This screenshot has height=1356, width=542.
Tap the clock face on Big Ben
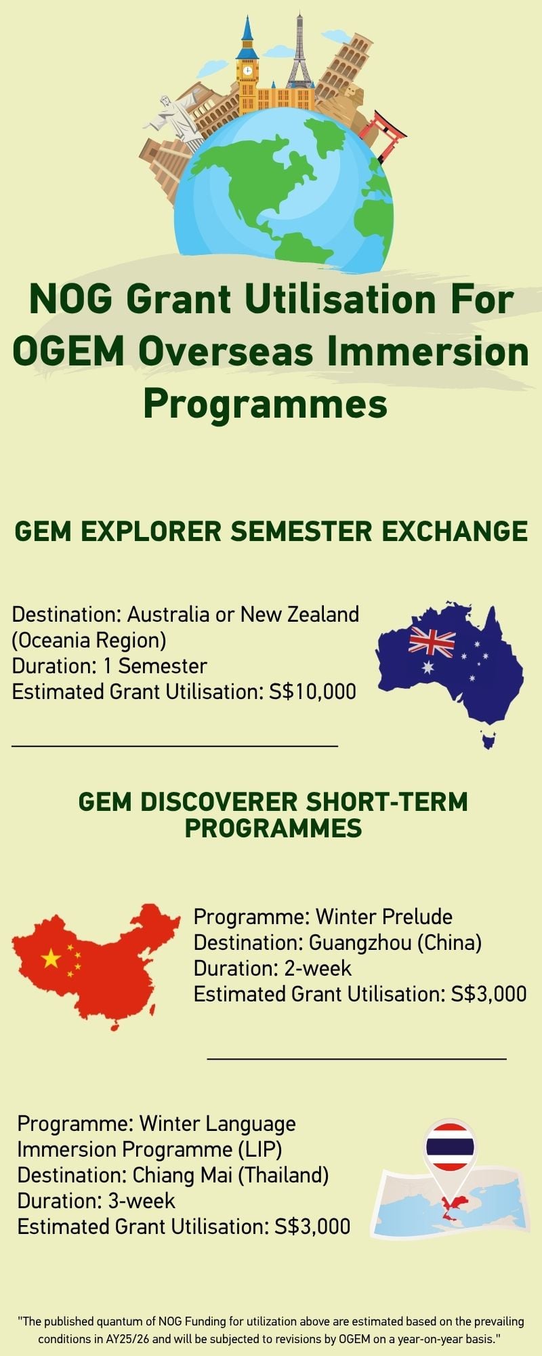point(247,70)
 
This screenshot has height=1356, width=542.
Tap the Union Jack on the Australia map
point(432,642)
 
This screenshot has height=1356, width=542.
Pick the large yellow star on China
point(51,958)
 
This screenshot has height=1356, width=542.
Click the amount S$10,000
point(312,692)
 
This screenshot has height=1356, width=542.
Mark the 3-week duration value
point(142,1201)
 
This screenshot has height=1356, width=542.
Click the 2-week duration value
point(318,968)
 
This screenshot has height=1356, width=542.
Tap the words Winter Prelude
point(384,917)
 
